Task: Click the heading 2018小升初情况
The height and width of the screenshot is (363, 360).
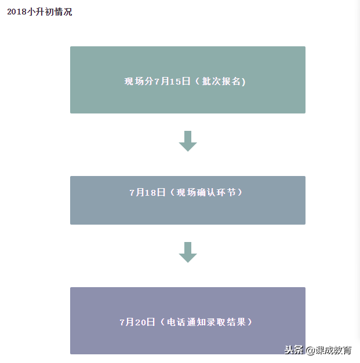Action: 39,12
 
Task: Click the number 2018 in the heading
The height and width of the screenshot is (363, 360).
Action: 17,12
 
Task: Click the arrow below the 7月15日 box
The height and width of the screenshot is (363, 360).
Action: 188,141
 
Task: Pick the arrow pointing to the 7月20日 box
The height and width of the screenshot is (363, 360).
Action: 188,252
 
